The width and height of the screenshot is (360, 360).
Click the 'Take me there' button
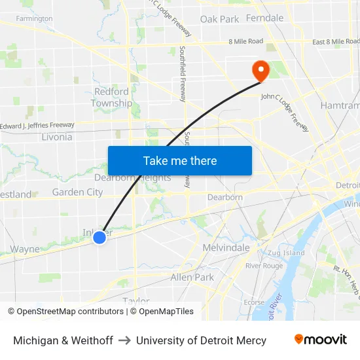pos(180,161)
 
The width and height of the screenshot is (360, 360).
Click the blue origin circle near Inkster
pos(99,238)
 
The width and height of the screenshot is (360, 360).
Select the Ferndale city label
pos(265,18)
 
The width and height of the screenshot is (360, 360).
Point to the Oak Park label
pos(219,19)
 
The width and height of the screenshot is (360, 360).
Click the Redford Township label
pos(111,98)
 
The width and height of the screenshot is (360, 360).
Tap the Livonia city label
pos(57,137)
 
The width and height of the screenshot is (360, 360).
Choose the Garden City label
pos(77,192)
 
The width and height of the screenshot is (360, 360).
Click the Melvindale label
pos(226,247)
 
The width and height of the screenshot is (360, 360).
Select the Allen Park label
pos(192,277)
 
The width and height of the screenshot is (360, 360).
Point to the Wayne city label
pos(25,249)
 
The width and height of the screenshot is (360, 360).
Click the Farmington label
pos(34,19)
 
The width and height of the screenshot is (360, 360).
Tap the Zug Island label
pos(286,253)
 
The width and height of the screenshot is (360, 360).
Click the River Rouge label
pos(264,266)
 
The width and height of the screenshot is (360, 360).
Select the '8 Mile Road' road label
pos(245,41)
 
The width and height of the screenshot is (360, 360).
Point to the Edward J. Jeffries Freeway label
pos(37,125)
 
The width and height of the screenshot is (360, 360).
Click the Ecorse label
pos(254,302)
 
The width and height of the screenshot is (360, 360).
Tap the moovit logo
pos(321,340)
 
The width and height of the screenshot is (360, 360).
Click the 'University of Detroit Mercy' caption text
pos(201,340)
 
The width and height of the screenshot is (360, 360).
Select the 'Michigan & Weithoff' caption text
pos(63,340)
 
